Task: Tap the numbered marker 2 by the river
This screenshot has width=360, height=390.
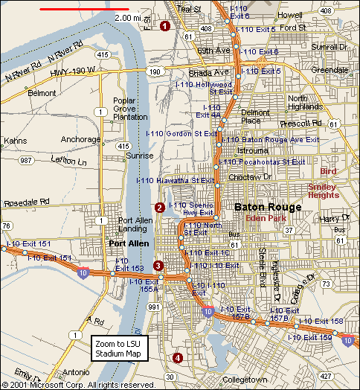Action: click(x=159, y=207)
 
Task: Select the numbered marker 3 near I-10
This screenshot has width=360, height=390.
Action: click(x=158, y=266)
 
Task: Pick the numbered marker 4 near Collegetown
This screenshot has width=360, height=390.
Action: click(x=177, y=358)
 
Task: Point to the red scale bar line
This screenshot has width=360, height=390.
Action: click(x=74, y=10)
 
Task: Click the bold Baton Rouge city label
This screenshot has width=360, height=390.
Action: click(x=268, y=207)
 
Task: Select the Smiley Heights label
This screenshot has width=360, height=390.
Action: click(x=324, y=190)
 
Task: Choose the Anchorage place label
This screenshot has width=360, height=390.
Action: click(x=80, y=139)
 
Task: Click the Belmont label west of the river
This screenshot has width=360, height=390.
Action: click(x=41, y=93)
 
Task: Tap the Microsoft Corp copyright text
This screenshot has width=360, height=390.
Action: click(x=78, y=385)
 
